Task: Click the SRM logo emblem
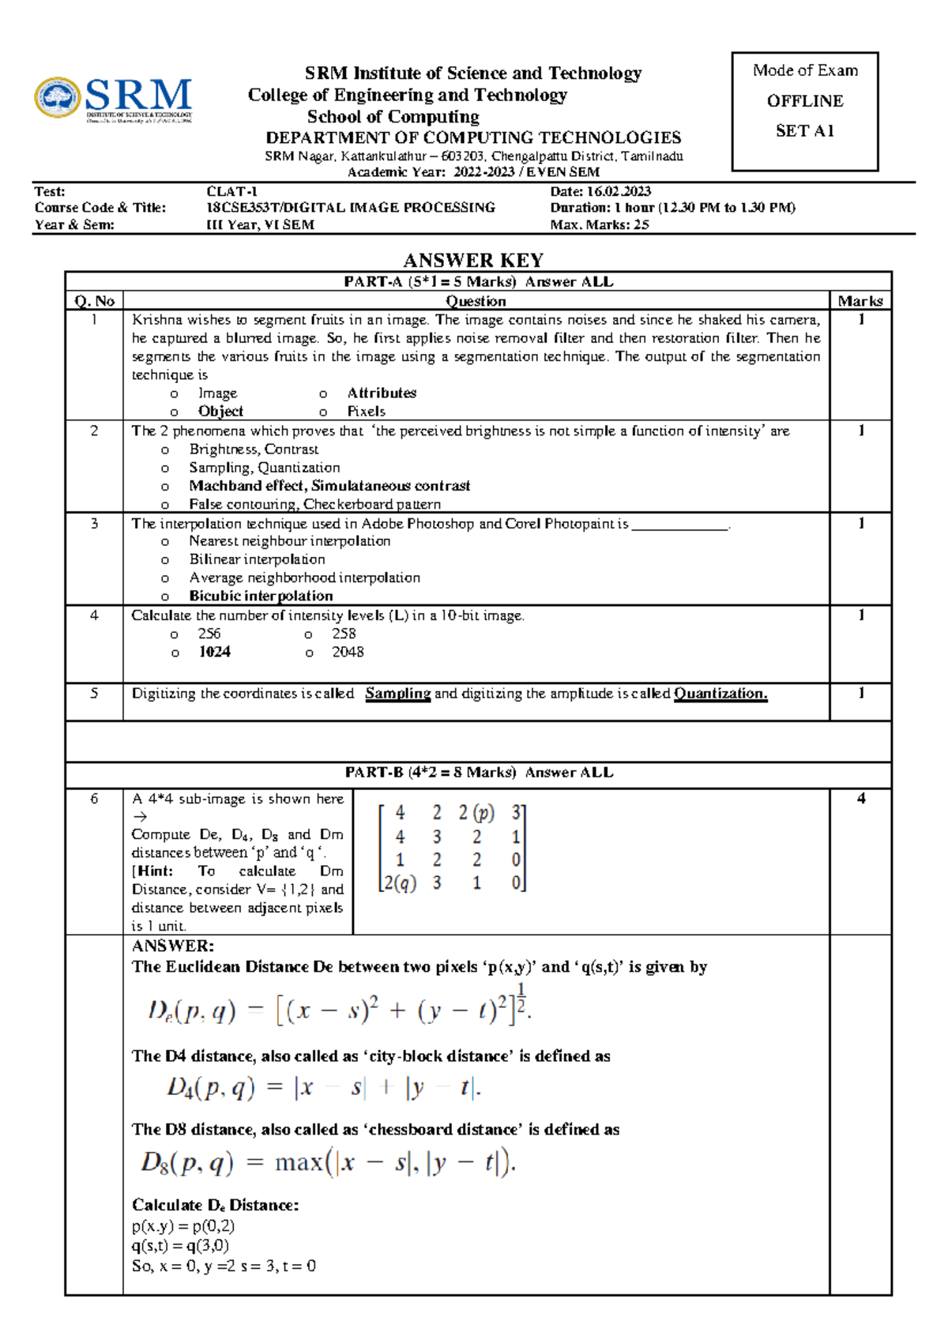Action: (x=57, y=98)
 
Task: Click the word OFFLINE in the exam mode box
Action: (x=804, y=101)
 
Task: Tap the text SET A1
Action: (x=804, y=131)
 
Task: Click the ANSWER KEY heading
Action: (x=473, y=260)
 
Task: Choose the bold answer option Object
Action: (x=220, y=411)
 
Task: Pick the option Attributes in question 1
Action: (x=382, y=393)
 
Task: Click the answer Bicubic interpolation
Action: (x=261, y=596)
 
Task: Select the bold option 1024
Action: (x=214, y=652)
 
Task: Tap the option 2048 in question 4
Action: (x=348, y=652)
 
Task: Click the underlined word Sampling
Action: (x=397, y=693)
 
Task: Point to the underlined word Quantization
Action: (x=720, y=693)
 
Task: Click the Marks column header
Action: (x=860, y=301)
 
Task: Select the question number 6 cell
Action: (x=94, y=799)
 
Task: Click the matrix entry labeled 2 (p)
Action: (x=476, y=812)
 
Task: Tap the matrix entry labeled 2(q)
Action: (x=399, y=883)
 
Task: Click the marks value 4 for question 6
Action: (x=860, y=799)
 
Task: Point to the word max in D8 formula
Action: (x=299, y=1162)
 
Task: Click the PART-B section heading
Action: (x=478, y=773)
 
